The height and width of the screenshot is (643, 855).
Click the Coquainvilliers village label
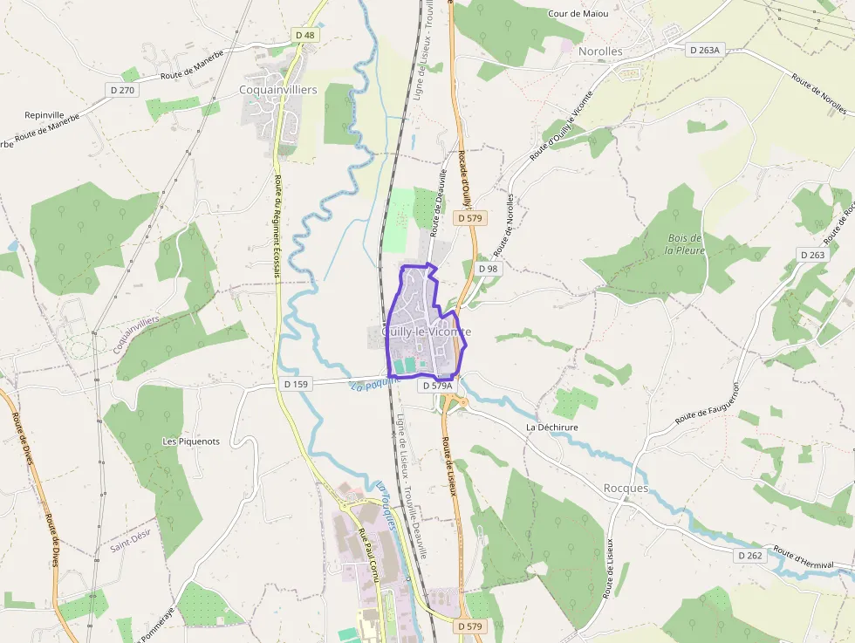coord(278,90)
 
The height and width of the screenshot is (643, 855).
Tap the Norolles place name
coord(600,51)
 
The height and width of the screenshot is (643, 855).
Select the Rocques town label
coord(626,489)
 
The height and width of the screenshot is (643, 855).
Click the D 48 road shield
coord(304,35)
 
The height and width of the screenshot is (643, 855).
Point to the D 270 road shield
coord(121,89)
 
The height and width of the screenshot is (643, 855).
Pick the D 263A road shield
coord(704,51)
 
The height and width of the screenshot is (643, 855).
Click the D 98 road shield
coord(489,269)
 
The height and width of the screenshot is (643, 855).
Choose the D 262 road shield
coord(749,555)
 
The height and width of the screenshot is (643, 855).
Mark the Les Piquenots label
coord(191,441)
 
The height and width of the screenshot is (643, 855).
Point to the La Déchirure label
coord(551,428)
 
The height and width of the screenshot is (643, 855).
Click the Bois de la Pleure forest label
coord(684,244)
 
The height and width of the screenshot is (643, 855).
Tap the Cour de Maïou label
coord(578,14)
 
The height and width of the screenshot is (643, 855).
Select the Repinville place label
coord(44,114)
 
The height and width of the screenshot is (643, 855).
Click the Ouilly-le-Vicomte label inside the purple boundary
coord(427,332)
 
